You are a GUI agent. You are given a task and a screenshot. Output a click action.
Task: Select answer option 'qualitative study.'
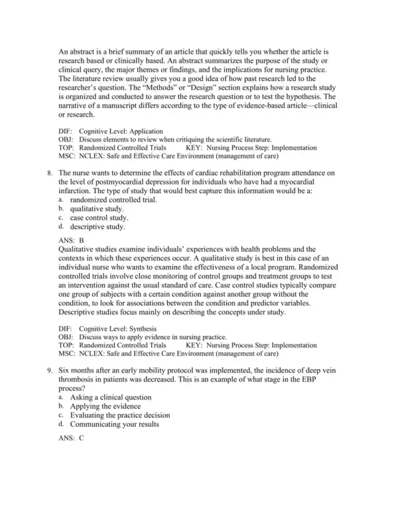96,208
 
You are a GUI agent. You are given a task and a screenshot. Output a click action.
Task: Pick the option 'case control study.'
99,218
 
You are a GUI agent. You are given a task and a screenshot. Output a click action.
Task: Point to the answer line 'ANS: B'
72,240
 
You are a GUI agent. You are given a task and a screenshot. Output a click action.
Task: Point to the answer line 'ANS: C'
72,439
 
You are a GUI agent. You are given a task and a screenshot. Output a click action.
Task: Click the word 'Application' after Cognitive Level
141,131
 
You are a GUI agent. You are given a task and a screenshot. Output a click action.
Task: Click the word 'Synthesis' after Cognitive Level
139,329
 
